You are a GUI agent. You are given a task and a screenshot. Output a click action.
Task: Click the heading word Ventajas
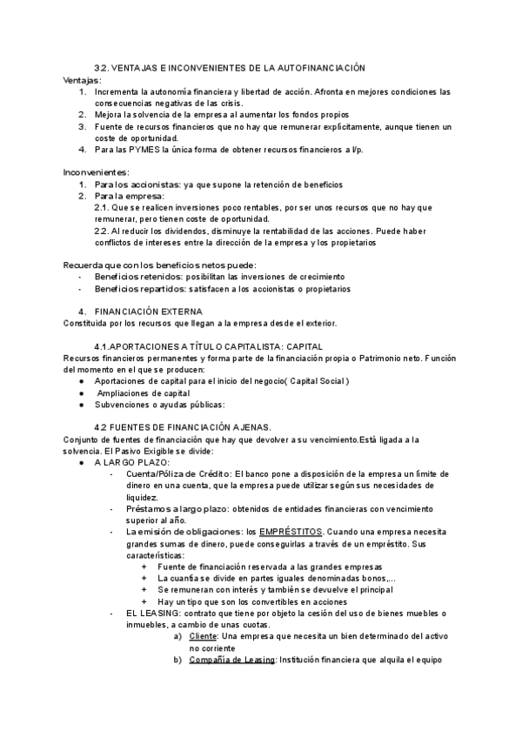[82, 80]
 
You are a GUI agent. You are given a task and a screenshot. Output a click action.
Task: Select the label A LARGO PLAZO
[125, 462]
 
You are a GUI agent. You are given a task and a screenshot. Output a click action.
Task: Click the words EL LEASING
[150, 614]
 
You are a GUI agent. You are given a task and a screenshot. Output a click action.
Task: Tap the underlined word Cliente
[204, 636]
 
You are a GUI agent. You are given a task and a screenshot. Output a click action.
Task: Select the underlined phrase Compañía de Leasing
[231, 660]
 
